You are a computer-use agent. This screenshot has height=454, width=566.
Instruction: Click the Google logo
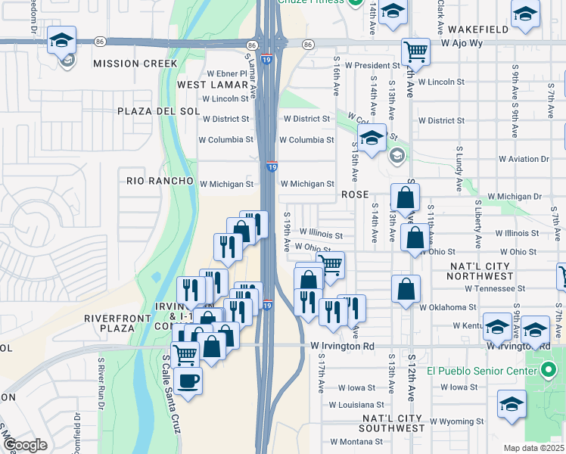pos(25,445)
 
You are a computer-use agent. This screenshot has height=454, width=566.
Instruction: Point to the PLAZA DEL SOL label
pos(158,111)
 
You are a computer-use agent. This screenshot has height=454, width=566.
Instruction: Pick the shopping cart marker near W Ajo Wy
pos(415,52)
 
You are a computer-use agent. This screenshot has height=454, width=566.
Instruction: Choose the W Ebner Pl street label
pos(222,73)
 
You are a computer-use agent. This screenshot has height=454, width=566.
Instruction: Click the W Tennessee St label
pos(495,288)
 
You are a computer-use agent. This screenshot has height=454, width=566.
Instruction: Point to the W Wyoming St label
pos(456,421)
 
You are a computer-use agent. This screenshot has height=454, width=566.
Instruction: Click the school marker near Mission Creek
pos(62,41)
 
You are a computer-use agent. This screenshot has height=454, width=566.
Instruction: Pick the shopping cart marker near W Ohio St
pos(331,266)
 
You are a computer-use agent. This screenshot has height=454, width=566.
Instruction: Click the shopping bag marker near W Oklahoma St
pos(406,290)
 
